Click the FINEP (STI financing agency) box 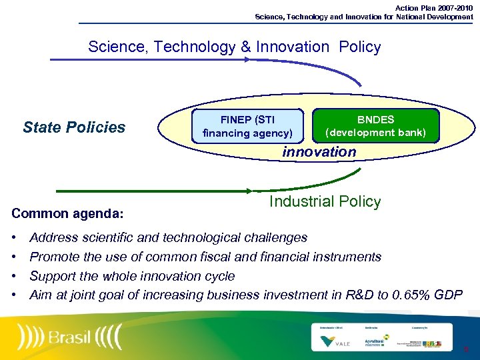[247, 126]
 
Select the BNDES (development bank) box [375, 126]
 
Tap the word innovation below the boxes [319, 152]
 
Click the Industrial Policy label [325, 202]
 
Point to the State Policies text [74, 127]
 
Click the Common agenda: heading [67, 214]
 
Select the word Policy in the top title [359, 47]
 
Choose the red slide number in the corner [465, 349]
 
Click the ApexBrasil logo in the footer [374, 342]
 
